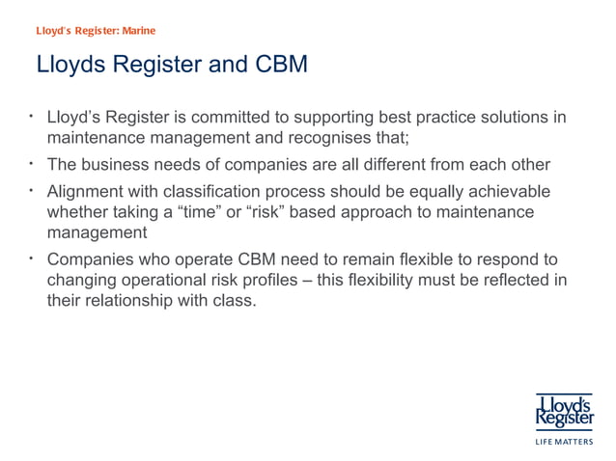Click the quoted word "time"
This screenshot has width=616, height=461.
coord(193,211)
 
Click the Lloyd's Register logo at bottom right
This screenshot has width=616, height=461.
coord(565,409)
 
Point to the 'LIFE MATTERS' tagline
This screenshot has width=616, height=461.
coord(565,444)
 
